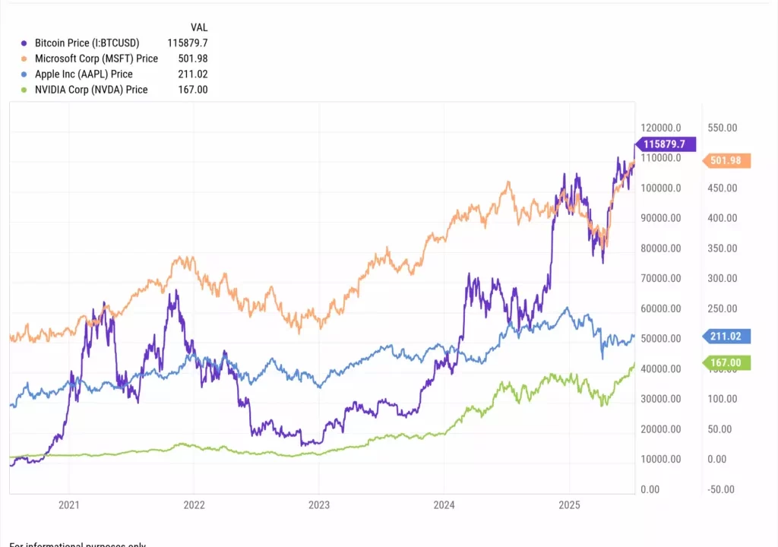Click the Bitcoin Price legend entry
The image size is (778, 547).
click(87, 43)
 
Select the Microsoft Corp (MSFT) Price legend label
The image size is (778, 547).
click(96, 58)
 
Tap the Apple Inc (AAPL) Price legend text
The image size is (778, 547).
click(84, 74)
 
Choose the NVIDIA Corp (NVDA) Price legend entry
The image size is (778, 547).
click(91, 90)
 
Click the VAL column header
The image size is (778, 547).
click(199, 27)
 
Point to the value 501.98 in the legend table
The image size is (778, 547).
click(192, 58)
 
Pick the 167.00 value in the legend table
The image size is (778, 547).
click(192, 90)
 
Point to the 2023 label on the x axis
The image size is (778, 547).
click(319, 504)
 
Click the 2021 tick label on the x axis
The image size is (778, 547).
click(69, 504)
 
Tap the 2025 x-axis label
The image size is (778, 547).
click(569, 504)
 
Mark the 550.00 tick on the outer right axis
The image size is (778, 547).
click(721, 128)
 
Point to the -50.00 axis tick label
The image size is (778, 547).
click(719, 489)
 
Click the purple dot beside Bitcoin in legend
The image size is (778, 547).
click(26, 43)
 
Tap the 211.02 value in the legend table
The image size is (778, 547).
click(192, 74)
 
